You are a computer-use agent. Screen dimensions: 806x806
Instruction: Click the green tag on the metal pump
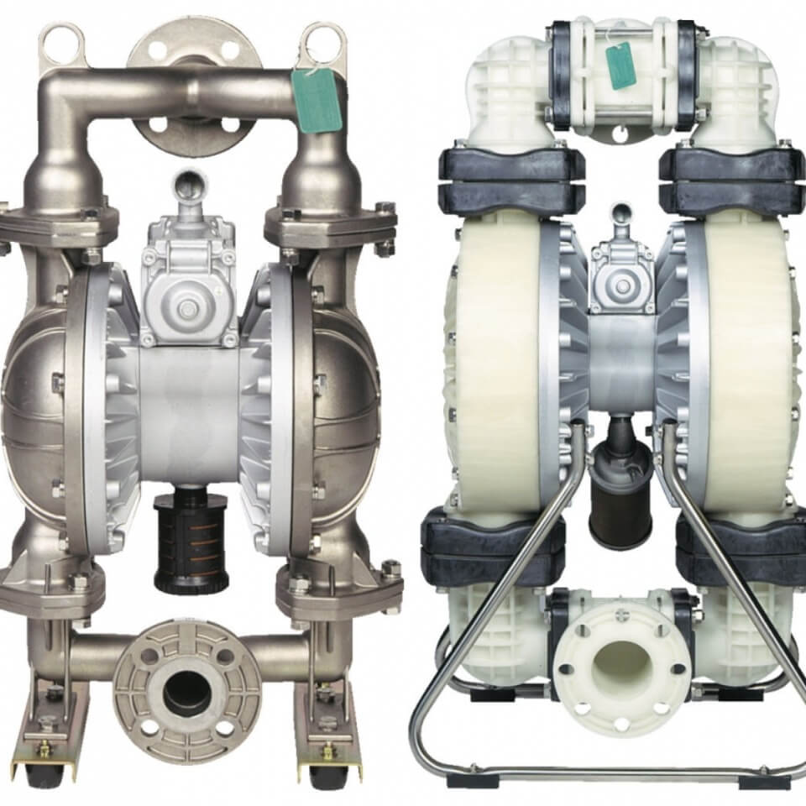click(x=317, y=100)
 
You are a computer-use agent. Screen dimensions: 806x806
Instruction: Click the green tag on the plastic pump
click(x=621, y=65)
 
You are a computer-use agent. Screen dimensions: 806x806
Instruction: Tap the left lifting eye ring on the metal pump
click(x=63, y=42)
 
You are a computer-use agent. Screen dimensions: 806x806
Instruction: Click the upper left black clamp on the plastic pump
click(x=512, y=181)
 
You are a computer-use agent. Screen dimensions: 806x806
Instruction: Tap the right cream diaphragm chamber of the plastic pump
click(x=747, y=361)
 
